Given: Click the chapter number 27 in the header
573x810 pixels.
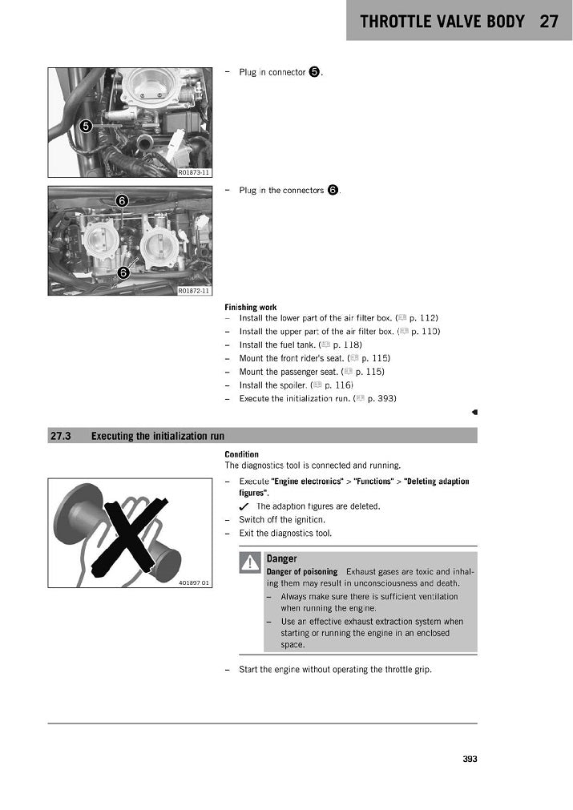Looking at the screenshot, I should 549,22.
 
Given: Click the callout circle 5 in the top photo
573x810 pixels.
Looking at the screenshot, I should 86,125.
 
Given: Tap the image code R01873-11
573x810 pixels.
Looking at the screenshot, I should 194,172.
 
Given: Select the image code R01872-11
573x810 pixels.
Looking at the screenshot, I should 194,291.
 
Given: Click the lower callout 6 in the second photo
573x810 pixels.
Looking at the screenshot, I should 123,272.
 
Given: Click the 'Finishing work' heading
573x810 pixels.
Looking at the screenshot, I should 251,308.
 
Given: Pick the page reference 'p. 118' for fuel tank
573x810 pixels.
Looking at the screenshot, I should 347,345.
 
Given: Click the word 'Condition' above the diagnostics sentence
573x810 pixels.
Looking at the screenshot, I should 241,454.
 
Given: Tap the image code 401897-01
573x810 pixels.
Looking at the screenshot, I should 195,582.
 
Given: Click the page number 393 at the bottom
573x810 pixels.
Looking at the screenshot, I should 470,760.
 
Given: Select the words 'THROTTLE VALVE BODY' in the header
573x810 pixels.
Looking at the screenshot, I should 442,22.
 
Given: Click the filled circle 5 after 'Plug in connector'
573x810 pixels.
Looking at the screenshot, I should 314,72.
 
